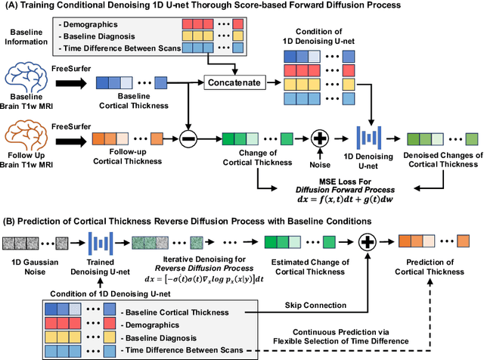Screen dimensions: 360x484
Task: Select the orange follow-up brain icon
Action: pos(28,138)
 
